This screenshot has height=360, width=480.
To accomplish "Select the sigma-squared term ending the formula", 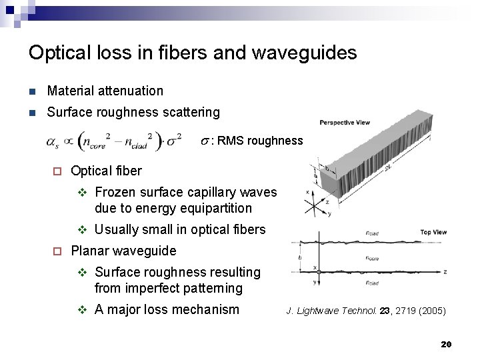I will (174, 141).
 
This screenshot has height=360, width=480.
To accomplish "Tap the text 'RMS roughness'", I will (260, 141).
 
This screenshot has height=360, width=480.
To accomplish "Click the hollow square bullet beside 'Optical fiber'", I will (57, 171).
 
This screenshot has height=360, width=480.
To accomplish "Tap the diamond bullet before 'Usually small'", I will (83, 230).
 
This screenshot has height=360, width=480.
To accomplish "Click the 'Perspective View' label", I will (344, 122).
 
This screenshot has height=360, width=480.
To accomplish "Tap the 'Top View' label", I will (433, 232).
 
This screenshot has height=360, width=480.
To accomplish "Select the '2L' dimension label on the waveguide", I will (388, 170).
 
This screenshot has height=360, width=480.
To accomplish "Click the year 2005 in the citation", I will (431, 310).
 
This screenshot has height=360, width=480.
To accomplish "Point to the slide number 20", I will (446, 344).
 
